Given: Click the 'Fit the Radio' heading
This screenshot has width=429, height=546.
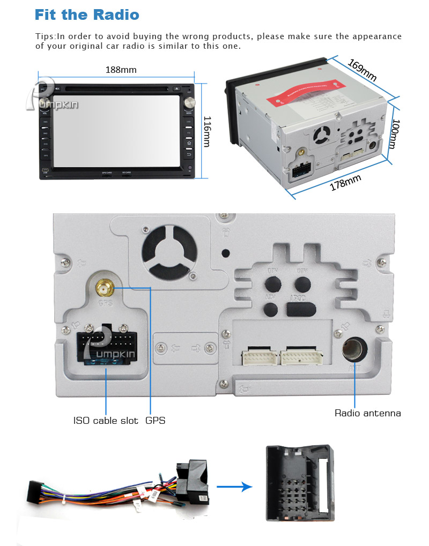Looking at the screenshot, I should coord(86,14).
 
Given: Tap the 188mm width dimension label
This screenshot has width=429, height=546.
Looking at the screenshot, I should coord(121,70).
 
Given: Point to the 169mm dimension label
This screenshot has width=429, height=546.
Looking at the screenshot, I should coord(362,70).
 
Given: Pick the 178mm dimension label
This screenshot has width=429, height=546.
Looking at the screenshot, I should coord(345,183).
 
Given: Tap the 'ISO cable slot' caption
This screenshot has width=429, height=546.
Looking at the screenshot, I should coord(106,421).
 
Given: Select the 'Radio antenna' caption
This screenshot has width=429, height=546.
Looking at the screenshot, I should coord(367,413).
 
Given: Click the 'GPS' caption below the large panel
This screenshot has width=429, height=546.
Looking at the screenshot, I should coord(156,421).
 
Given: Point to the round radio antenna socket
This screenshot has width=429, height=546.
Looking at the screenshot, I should coord(354,350).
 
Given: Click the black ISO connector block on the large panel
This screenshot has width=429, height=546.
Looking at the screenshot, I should coord(106,348).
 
